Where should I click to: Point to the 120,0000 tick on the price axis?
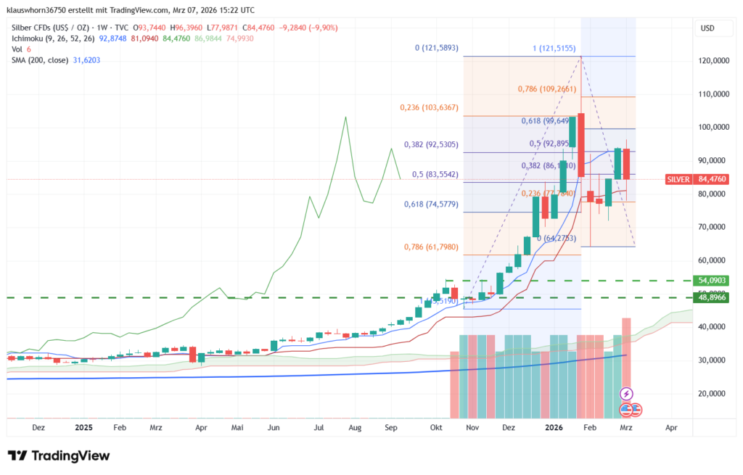click(715, 61)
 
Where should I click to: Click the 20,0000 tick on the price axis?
click(715, 394)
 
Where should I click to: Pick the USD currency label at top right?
click(708, 28)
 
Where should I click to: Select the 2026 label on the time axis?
click(554, 428)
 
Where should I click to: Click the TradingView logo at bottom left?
click(59, 455)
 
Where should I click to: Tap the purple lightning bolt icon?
click(626, 394)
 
